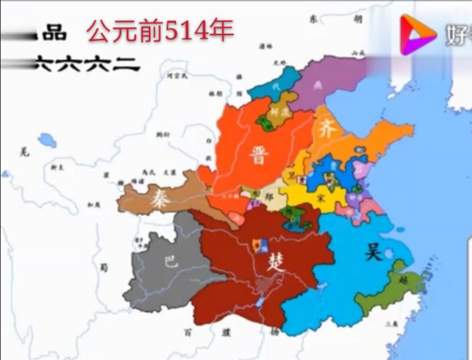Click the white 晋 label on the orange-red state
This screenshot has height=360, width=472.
click(259, 154)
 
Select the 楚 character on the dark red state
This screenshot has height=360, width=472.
click(277, 261)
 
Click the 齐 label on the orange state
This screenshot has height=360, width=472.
click(328, 130)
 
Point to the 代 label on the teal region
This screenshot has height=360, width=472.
click(275, 87)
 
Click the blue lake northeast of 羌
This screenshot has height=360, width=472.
click(47, 140)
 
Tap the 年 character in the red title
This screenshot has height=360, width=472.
click(221, 30)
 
